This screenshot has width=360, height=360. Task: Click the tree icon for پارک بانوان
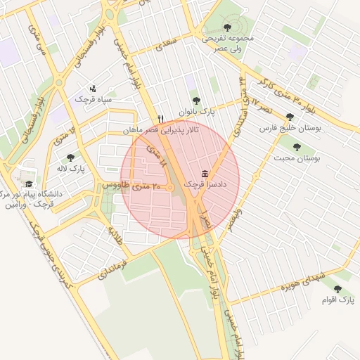(195, 101)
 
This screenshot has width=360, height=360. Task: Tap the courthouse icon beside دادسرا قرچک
(205, 174)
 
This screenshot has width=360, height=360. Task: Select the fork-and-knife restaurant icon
(161, 119)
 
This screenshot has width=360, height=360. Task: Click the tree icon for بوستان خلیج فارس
(290, 117)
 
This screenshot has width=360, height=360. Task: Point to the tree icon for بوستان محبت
(297, 148)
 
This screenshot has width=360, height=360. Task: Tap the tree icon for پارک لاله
(70, 158)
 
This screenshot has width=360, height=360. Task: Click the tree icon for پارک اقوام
(338, 288)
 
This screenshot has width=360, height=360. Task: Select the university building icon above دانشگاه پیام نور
(28, 173)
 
